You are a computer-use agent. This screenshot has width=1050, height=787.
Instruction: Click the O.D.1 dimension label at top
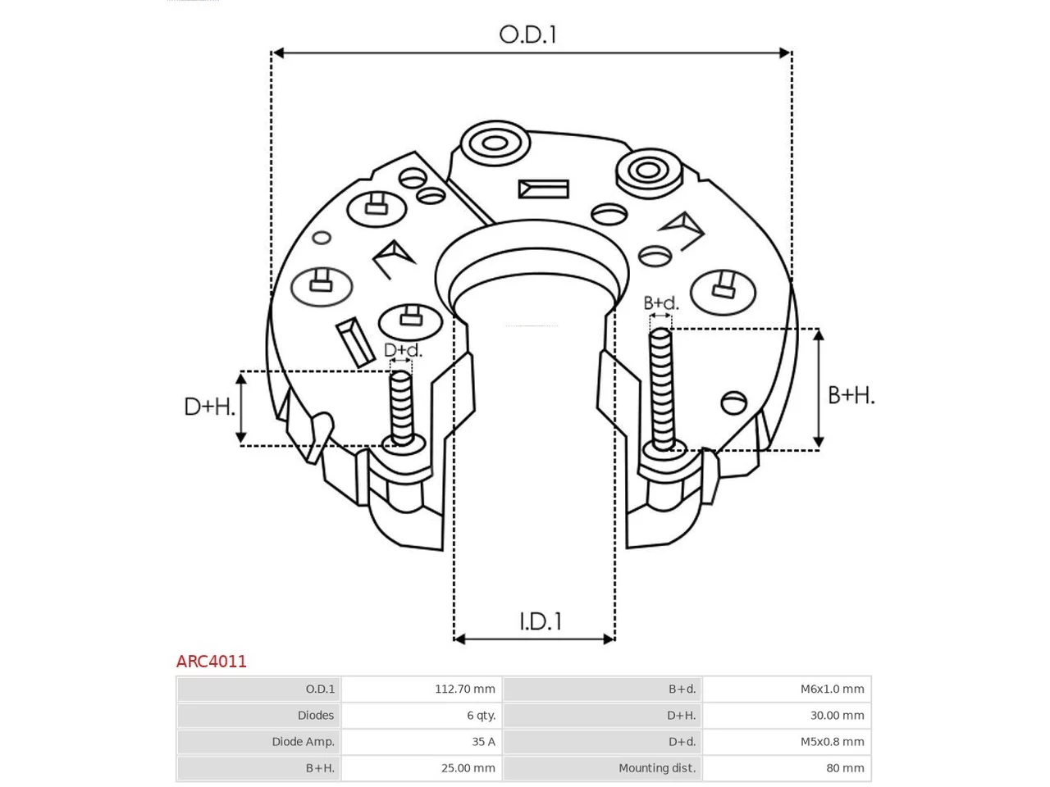[527, 35]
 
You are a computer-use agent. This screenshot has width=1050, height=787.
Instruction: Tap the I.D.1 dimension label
[541, 621]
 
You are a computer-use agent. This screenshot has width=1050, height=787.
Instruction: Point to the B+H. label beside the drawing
[851, 395]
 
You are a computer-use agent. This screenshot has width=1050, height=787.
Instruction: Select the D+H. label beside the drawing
[210, 407]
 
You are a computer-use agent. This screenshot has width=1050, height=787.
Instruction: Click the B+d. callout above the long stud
[660, 303]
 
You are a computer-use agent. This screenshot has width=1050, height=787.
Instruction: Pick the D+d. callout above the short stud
[404, 350]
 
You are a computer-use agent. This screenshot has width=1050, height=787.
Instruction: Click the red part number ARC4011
[211, 662]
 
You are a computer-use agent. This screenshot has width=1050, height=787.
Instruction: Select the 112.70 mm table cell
[421, 689]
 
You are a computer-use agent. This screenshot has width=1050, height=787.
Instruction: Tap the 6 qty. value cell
[421, 715]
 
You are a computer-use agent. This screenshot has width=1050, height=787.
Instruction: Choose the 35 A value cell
[421, 741]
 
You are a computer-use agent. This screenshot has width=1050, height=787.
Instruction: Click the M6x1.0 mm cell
[787, 689]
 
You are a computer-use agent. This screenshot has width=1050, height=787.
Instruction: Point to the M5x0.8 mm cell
[787, 741]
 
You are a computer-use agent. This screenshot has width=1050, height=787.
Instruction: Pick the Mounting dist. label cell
[602, 767]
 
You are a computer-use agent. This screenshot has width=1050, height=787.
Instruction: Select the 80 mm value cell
[787, 767]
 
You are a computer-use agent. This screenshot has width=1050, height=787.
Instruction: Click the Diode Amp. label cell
[258, 741]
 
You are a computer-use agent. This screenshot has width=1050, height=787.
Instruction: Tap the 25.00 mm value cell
[421, 767]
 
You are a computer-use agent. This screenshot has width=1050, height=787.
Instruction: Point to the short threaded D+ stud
[401, 408]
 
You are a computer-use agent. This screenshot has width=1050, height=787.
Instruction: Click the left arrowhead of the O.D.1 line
[277, 52]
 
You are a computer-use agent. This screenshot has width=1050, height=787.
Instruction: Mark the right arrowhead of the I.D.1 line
[609, 639]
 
